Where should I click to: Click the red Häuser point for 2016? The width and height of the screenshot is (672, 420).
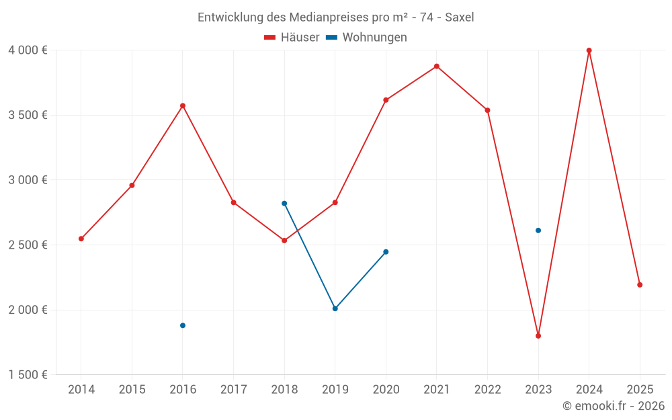(x=183, y=106)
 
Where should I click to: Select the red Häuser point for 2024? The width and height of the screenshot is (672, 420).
(x=589, y=50)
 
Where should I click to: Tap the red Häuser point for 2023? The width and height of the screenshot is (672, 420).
(x=538, y=336)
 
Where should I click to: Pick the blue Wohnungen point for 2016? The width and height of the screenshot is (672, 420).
(x=183, y=325)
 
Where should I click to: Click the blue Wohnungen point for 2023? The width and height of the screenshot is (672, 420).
(x=538, y=230)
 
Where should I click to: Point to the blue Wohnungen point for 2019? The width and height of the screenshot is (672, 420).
(x=335, y=308)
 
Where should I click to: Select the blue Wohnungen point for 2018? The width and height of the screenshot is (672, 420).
(x=284, y=204)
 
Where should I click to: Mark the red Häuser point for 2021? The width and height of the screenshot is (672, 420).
(x=437, y=67)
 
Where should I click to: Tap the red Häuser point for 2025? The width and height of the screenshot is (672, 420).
(x=640, y=285)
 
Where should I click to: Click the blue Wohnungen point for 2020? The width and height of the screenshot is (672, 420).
(x=386, y=252)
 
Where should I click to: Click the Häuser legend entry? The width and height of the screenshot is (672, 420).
(x=292, y=38)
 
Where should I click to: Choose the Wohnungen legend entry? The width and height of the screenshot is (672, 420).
(x=367, y=38)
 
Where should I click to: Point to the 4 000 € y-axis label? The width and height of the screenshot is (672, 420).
(x=28, y=50)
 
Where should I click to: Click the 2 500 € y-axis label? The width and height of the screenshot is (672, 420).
(x=28, y=245)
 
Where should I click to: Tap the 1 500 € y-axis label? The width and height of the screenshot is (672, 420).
(x=28, y=375)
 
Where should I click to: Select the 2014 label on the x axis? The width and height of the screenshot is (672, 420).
(x=81, y=389)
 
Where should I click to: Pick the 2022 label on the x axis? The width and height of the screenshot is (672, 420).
(x=487, y=389)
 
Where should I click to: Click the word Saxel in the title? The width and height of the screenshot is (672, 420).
(x=460, y=17)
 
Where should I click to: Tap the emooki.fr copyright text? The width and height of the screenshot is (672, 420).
(x=614, y=406)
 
